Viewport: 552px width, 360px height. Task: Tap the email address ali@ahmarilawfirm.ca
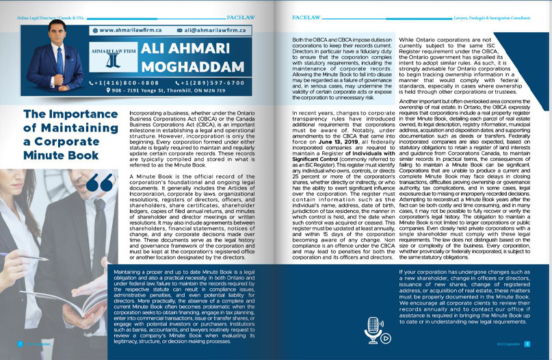point(212,30)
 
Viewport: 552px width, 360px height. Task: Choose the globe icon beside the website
point(94,30)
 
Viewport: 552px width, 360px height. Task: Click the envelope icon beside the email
point(179,30)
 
